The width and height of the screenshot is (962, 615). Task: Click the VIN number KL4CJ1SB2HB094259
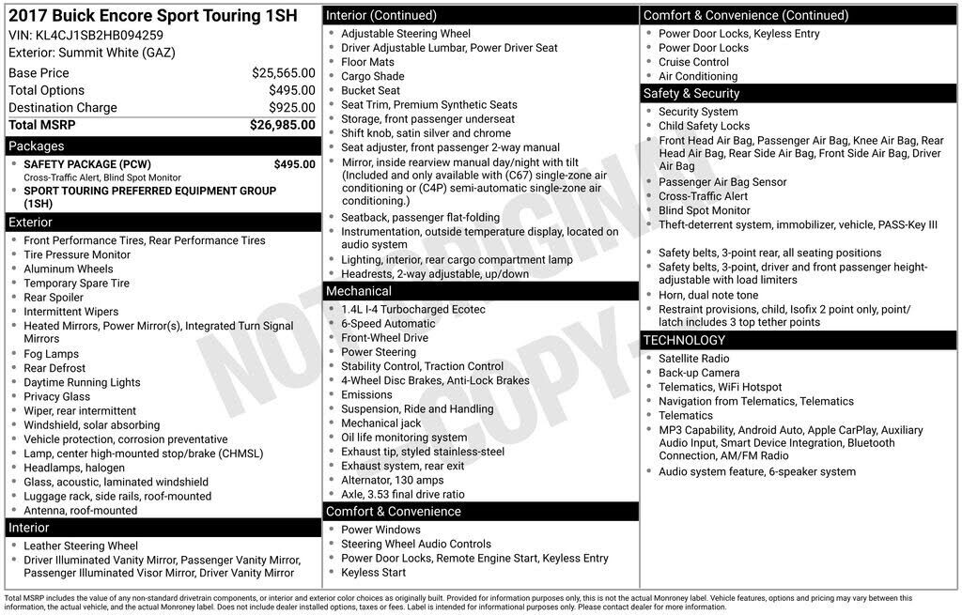point(99,35)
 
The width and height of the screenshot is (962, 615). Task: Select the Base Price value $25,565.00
point(283,72)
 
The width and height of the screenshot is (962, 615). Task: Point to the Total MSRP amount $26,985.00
point(282,124)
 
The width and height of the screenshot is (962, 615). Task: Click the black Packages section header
point(161,146)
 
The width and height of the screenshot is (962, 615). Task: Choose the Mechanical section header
point(480,291)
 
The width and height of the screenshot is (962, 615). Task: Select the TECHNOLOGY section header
point(798,340)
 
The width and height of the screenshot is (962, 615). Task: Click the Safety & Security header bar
point(798,93)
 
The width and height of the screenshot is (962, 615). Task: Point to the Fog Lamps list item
point(51,354)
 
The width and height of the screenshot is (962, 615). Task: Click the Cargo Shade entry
point(372,76)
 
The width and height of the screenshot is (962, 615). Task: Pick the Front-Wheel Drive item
point(384,337)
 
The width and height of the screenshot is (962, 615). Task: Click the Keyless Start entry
point(373,572)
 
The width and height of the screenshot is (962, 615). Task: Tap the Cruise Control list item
point(693,62)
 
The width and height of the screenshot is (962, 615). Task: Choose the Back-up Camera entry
point(699,373)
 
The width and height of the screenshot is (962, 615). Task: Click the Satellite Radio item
point(693,359)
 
